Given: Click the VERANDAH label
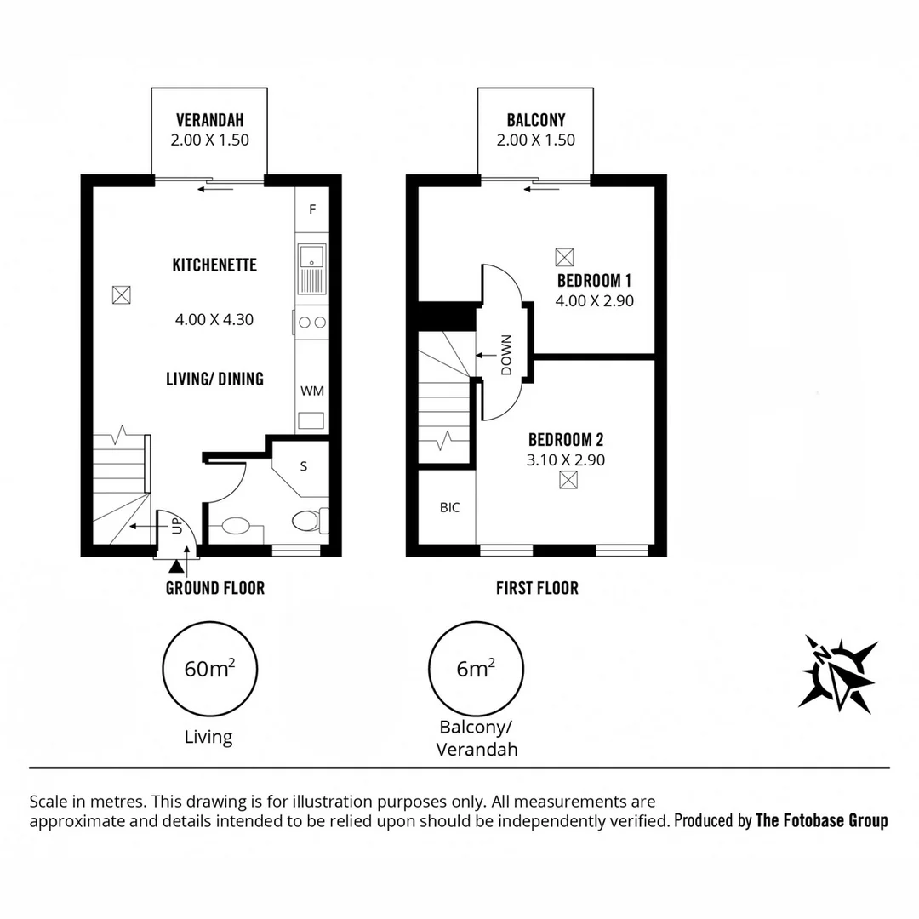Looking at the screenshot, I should (x=209, y=120).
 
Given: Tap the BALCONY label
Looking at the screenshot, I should (x=535, y=120).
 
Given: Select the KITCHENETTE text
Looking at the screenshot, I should (x=214, y=265).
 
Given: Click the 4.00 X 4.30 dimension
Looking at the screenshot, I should (x=214, y=320).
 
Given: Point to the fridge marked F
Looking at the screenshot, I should (x=312, y=208).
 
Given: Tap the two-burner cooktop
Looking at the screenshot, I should (x=312, y=323).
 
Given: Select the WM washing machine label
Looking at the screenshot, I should (x=311, y=391).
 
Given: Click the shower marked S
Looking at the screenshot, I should (x=304, y=466).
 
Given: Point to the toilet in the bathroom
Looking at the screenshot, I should (x=305, y=520).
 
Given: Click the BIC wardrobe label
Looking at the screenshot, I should (x=449, y=507).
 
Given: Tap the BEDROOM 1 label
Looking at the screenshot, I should (x=594, y=281).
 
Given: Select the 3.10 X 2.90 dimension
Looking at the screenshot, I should (x=566, y=460).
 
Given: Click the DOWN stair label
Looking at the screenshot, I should (x=505, y=356).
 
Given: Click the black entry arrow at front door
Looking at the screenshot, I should (x=176, y=566).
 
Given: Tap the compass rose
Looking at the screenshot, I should (x=837, y=673).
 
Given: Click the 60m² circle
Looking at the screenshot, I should (x=209, y=669).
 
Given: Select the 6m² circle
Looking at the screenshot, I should (x=477, y=669).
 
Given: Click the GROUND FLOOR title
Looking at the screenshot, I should (x=214, y=588).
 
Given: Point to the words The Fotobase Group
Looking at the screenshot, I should (x=821, y=821).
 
